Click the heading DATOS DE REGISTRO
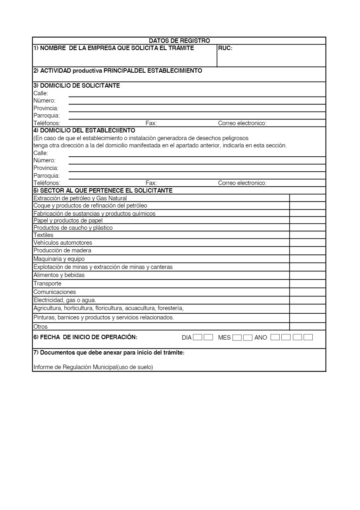(179, 41)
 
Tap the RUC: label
(225, 48)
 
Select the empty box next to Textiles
(308, 235)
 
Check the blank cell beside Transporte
(308, 283)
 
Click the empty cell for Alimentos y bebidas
(308, 275)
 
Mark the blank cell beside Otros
(308, 327)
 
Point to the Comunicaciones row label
(54, 292)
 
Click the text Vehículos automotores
(63, 243)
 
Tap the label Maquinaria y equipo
(59, 259)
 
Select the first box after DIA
(198, 337)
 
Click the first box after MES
(237, 338)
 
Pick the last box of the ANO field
(308, 337)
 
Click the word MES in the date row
(224, 338)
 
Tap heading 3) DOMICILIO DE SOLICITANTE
(77, 86)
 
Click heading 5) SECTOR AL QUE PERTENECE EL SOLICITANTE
(103, 191)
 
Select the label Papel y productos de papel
(68, 220)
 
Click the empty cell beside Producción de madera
(308, 250)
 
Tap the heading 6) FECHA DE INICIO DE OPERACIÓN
(85, 337)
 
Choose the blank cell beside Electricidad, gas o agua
(308, 300)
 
